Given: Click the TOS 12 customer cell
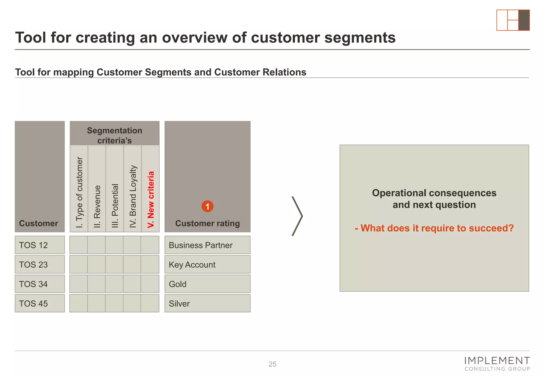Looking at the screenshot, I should pos(40,245).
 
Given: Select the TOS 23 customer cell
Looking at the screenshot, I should pos(40,264).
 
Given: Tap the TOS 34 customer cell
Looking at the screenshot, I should pos(40,284).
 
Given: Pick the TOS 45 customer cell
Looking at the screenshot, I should pos(40,303).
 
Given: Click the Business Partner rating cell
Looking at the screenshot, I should pos(207,245).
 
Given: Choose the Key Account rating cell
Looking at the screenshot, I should pos(207,264).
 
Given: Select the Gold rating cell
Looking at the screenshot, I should pos(207,284).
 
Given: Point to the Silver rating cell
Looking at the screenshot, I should pos(207,303).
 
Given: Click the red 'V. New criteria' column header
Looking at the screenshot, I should pos(151,199).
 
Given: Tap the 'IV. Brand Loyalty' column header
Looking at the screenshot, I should pos(133,197).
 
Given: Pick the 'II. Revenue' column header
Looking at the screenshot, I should pos(97,206).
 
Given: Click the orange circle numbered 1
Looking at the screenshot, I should pos(207,206).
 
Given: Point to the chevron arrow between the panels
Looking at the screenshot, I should pos(297,216).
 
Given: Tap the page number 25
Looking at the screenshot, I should pos(272,364).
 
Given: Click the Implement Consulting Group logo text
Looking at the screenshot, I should pos(497,364).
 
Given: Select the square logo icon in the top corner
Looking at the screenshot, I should pos(513,20).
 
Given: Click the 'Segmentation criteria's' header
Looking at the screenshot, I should pos(114,135).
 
